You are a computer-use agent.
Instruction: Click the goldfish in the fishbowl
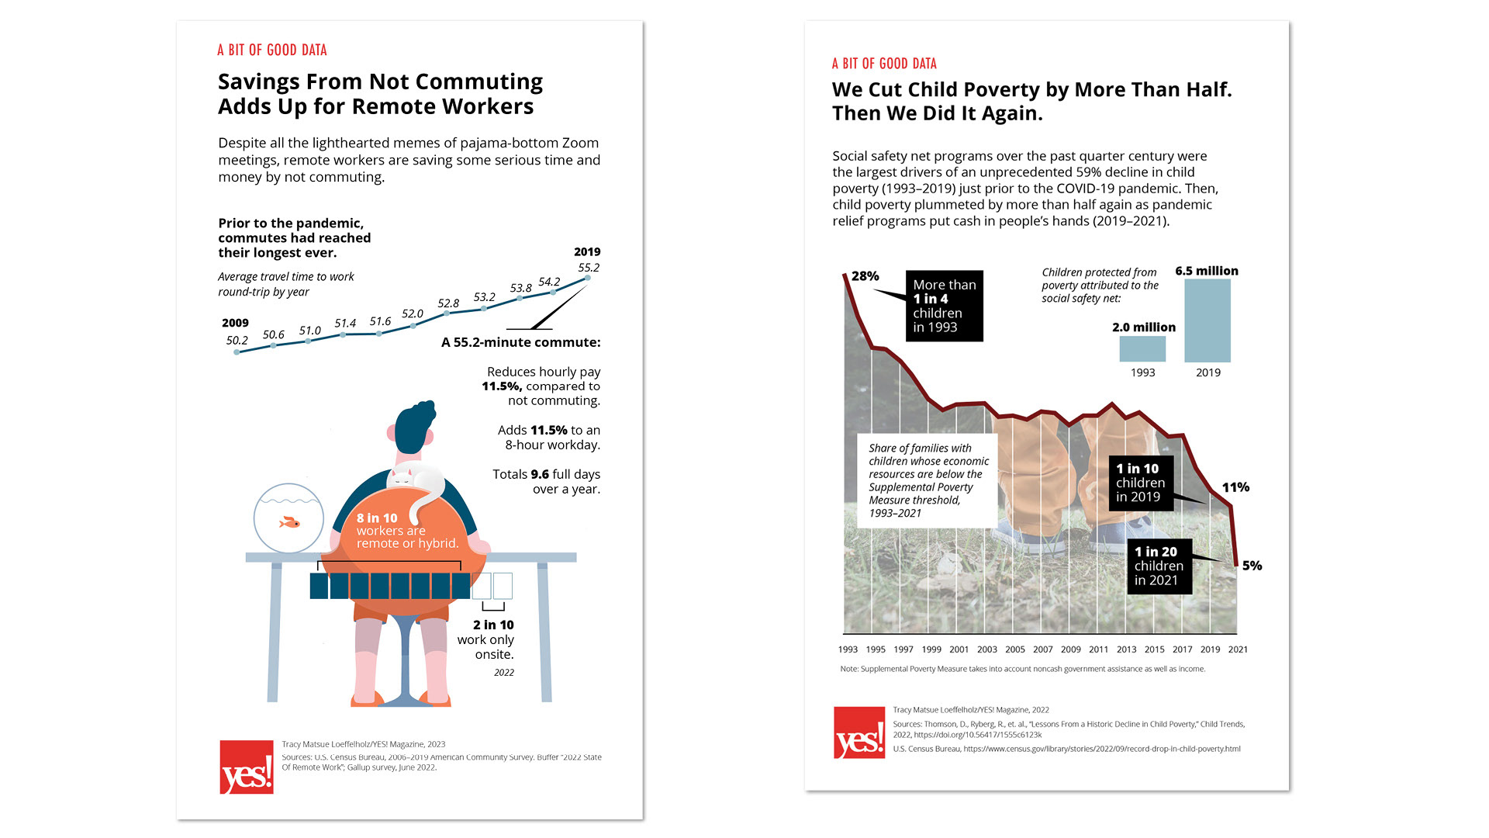pyautogui.click(x=290, y=522)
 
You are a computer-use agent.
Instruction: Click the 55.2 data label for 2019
pyautogui.click(x=589, y=268)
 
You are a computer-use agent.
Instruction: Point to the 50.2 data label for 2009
pyautogui.click(x=237, y=341)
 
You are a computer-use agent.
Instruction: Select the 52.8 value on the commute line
pyautogui.click(x=448, y=303)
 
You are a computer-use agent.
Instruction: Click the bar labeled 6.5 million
pyautogui.click(x=1207, y=320)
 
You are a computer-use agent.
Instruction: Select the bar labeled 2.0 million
pyautogui.click(x=1142, y=348)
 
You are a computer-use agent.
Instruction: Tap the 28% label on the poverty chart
pyautogui.click(x=865, y=276)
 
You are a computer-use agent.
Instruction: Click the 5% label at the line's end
pyautogui.click(x=1252, y=566)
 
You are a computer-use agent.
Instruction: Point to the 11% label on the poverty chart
pyautogui.click(x=1235, y=487)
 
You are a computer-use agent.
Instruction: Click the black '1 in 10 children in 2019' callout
pyautogui.click(x=1140, y=483)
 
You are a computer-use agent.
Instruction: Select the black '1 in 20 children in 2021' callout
pyautogui.click(x=1159, y=566)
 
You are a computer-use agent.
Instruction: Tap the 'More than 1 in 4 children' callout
pyautogui.click(x=944, y=306)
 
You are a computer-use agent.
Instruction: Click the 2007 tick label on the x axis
pyautogui.click(x=1042, y=649)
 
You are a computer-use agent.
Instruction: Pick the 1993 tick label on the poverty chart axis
pyautogui.click(x=848, y=649)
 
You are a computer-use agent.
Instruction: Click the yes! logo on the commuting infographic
pyautogui.click(x=247, y=767)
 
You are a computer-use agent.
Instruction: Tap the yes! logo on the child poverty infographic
pyautogui.click(x=859, y=732)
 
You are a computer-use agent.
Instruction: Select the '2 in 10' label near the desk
pyautogui.click(x=493, y=625)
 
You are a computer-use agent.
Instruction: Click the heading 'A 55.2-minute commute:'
pyautogui.click(x=520, y=342)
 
